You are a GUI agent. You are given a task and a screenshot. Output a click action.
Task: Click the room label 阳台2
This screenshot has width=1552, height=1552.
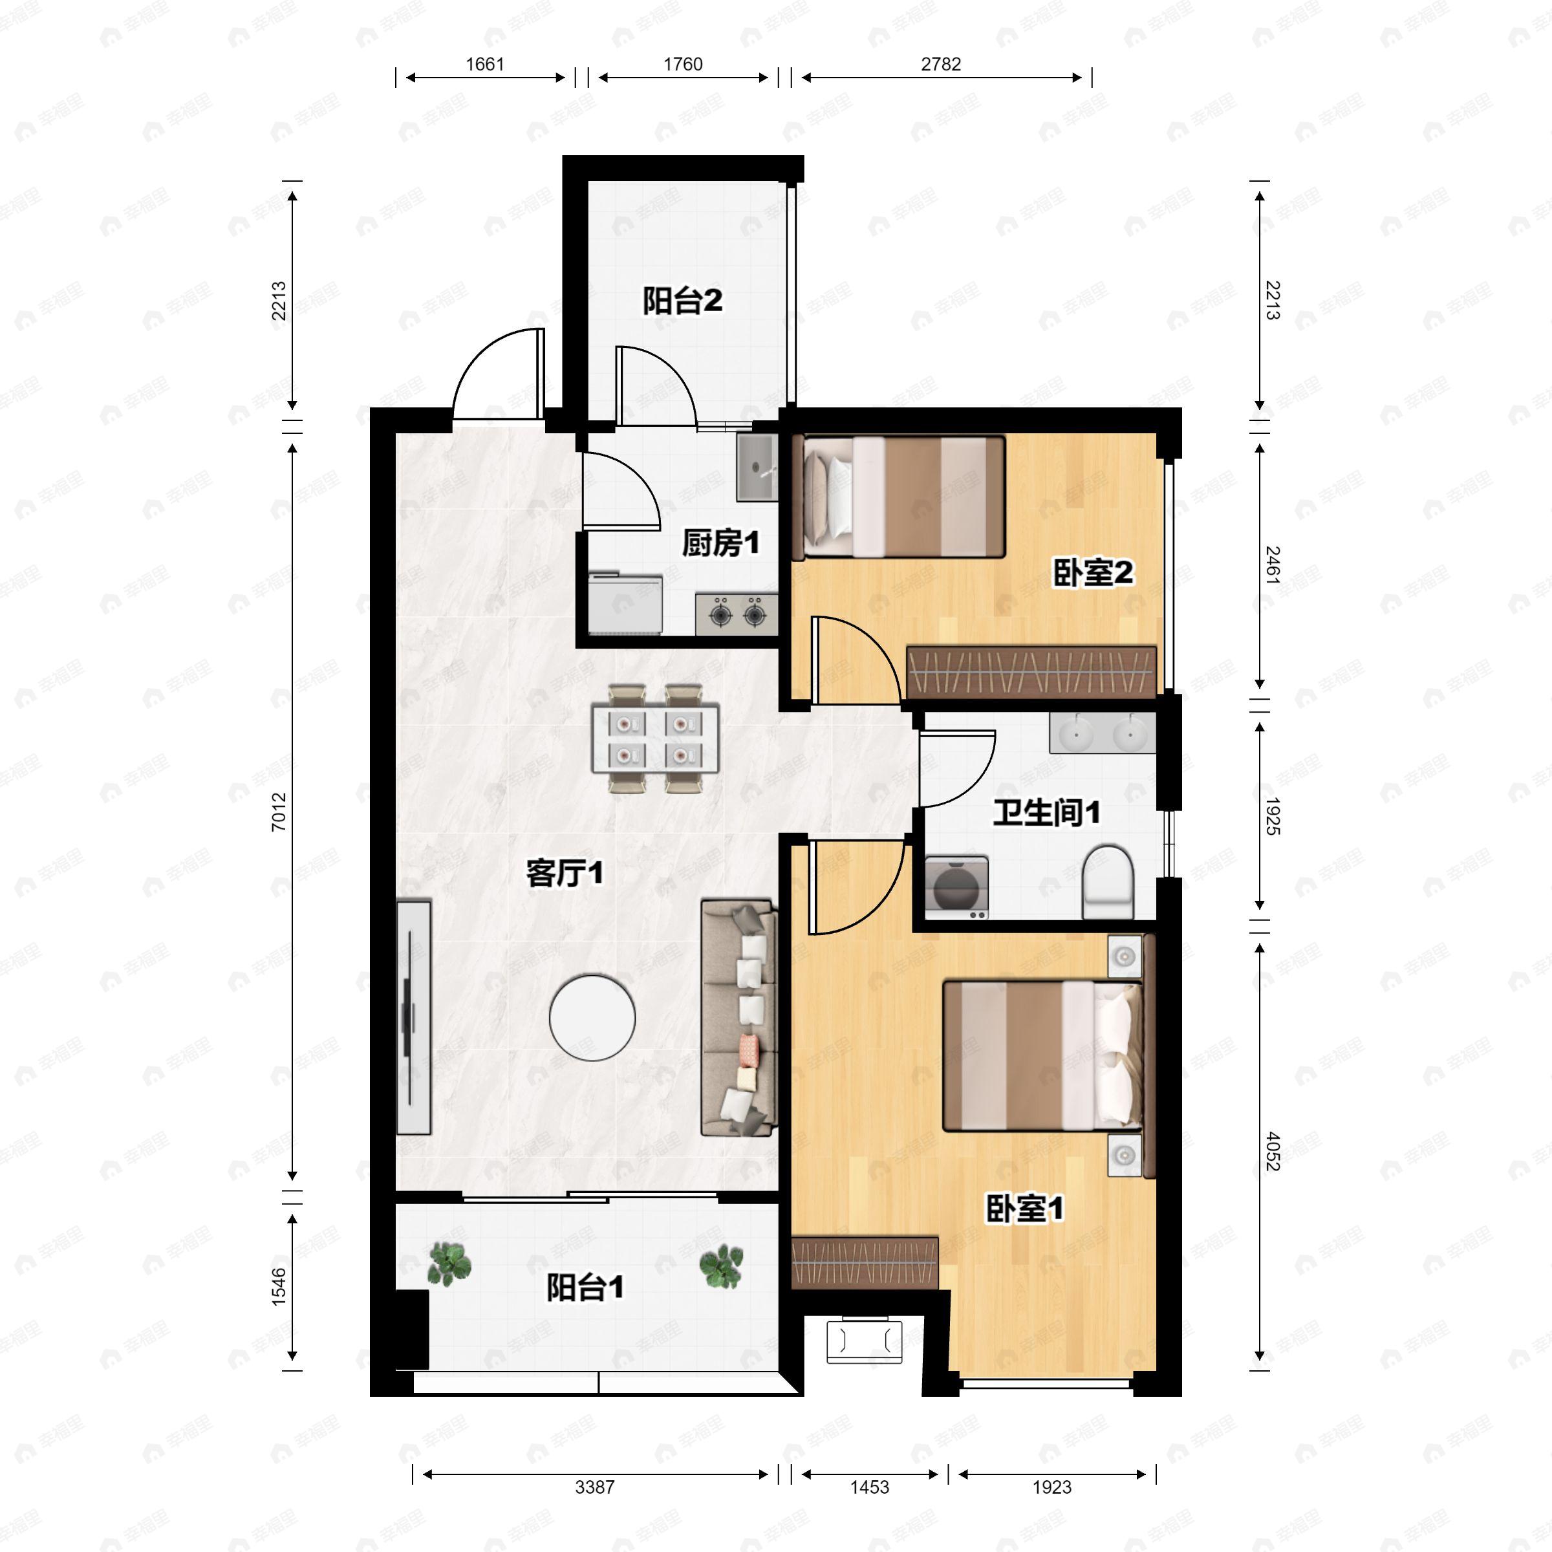[682, 301]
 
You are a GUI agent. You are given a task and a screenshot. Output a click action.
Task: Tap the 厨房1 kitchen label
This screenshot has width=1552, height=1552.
[720, 543]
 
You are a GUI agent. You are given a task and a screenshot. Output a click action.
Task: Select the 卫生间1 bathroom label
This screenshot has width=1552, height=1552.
[1046, 812]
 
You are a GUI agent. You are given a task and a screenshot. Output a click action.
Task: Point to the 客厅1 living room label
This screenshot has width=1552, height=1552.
[564, 873]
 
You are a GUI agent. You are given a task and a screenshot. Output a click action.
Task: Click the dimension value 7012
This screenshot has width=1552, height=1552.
[279, 812]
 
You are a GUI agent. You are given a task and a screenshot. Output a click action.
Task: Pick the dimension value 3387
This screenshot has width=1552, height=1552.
[594, 1487]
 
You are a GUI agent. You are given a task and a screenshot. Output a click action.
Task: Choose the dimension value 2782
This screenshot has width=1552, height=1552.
[941, 64]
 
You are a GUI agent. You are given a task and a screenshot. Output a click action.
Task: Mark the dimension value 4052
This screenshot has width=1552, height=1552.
[1273, 1150]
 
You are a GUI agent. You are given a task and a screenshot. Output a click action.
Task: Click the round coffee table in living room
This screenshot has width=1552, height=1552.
[592, 1017]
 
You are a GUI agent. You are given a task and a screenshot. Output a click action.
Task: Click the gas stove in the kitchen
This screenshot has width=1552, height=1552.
[737, 614]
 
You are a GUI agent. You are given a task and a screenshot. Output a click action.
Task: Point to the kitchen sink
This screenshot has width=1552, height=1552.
[757, 468]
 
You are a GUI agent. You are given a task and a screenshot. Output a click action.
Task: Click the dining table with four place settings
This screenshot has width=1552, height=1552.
[654, 739]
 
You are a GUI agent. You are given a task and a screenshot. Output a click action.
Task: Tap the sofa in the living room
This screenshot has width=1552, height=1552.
[739, 1018]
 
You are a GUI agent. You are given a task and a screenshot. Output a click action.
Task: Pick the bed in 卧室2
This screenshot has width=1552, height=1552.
[899, 497]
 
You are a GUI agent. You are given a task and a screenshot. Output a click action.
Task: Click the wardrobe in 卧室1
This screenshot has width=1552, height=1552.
[865, 1262]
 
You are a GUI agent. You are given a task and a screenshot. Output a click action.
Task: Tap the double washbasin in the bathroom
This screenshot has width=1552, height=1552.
[1102, 733]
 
